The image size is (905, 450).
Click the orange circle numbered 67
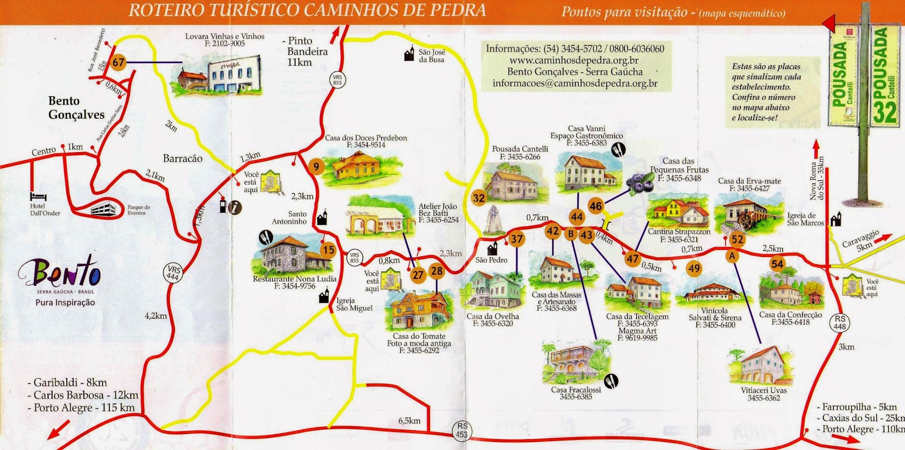tap(118, 62)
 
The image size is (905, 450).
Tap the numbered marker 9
tap(316, 166)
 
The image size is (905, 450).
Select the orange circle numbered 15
tap(328, 250)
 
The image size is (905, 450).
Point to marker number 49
tap(693, 268)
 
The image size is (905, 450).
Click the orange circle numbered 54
tap(777, 264)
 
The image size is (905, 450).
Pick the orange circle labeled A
tap(732, 256)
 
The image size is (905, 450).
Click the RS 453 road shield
tap(462, 430)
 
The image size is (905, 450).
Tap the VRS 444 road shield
tap(173, 273)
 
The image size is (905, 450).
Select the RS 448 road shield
tap(840, 323)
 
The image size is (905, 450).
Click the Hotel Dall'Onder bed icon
tap(38, 196)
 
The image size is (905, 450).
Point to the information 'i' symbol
tap(235, 207)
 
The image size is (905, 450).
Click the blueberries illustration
tap(640, 183)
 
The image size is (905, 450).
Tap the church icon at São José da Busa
tap(410, 54)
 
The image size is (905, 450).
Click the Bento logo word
tap(61, 273)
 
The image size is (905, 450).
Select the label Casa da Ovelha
tap(492, 316)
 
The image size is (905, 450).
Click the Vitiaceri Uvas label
tap(764, 390)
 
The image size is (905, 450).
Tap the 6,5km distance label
tap(410, 421)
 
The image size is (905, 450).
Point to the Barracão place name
tap(182, 158)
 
